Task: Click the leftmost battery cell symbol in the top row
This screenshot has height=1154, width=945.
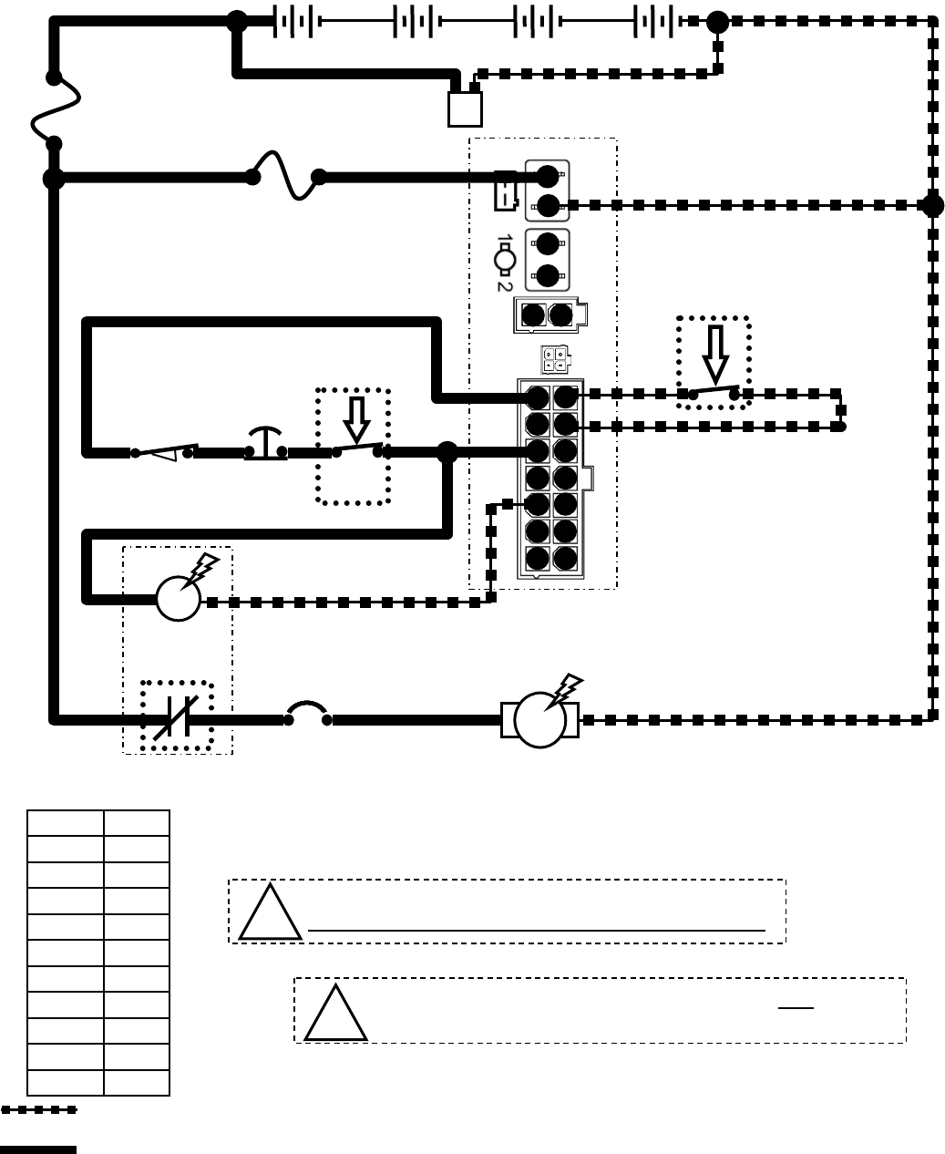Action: (x=294, y=21)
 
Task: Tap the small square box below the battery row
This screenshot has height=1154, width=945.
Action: (x=465, y=109)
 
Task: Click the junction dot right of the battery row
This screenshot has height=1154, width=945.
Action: (x=718, y=22)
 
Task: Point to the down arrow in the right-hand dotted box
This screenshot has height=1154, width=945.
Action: (x=715, y=354)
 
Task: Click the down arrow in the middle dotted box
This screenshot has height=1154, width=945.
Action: (x=356, y=419)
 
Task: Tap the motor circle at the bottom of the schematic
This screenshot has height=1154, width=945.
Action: (x=540, y=719)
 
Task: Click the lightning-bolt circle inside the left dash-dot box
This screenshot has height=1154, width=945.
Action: (x=179, y=599)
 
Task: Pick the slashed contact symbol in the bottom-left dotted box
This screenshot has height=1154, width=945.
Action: (x=177, y=716)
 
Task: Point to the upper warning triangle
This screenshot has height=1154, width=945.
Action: (x=270, y=913)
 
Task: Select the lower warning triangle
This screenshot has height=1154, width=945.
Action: (x=335, y=1014)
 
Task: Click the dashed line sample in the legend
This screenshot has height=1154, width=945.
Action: (x=38, y=1110)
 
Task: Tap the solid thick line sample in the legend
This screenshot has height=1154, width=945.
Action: (x=38, y=1149)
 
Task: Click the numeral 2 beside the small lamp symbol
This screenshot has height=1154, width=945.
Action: (x=503, y=284)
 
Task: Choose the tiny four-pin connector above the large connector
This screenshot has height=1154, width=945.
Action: (x=554, y=360)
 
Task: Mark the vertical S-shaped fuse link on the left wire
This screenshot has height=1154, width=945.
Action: (x=54, y=110)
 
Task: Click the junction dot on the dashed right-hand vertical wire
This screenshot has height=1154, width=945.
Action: (x=932, y=205)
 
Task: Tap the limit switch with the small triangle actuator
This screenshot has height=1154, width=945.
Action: (x=164, y=452)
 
